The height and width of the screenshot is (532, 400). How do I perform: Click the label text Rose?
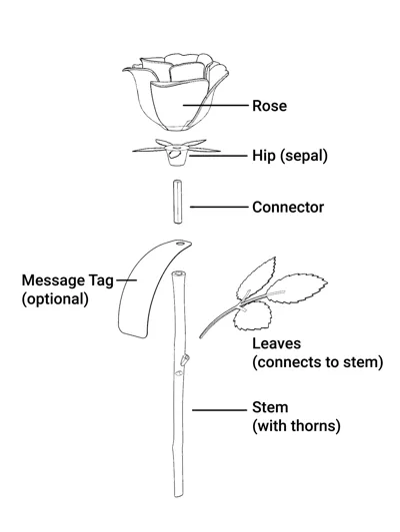tap(269, 106)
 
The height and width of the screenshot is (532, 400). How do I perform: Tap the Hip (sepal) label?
tap(290, 156)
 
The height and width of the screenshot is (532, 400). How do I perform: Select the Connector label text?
tap(288, 207)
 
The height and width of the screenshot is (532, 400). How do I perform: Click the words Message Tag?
tap(68, 280)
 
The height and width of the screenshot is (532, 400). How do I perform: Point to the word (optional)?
tap(55, 299)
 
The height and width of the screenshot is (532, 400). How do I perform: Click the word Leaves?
tap(276, 343)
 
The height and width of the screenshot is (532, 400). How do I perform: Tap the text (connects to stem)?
tap(318, 362)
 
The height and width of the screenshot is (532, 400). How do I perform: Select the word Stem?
tap(270, 407)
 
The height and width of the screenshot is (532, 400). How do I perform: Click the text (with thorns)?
tap(296, 426)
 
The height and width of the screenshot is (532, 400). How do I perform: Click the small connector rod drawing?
tap(177, 202)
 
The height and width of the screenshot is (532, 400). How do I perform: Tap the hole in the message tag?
tap(180, 243)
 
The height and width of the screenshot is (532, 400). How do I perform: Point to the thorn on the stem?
tap(185, 360)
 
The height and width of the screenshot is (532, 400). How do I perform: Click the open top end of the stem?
tap(179, 273)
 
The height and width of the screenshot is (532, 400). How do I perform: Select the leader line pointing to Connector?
tap(219, 207)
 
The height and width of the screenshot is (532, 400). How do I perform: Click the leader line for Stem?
tap(220, 410)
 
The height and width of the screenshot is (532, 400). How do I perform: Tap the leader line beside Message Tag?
tap(126, 280)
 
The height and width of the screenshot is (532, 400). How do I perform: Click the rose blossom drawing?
tap(175, 92)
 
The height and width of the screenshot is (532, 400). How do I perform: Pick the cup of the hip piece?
tap(177, 158)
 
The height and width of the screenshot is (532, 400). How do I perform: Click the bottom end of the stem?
tap(178, 495)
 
